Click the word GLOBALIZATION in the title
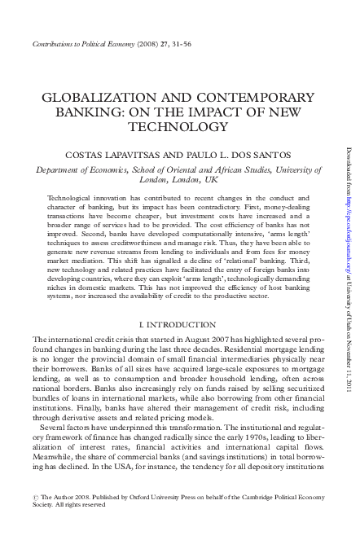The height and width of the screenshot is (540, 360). [93, 95]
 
